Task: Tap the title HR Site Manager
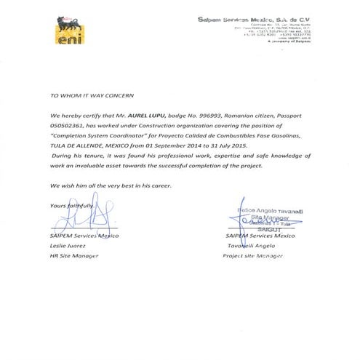click(73, 256)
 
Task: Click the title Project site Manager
click(255, 256)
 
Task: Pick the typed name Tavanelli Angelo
click(251, 246)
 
